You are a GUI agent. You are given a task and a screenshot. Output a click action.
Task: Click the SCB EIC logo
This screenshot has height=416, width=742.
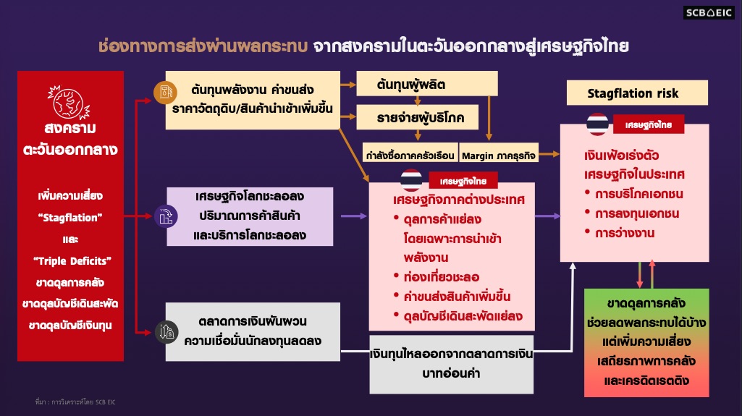point(708,12)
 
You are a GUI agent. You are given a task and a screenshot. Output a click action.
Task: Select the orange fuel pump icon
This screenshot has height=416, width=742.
point(165,92)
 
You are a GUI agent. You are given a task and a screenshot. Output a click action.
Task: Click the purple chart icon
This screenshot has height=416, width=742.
point(165,215)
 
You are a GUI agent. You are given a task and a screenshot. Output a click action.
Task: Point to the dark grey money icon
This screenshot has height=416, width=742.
point(165,331)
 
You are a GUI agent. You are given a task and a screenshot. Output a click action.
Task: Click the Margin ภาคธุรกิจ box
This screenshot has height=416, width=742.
point(498,154)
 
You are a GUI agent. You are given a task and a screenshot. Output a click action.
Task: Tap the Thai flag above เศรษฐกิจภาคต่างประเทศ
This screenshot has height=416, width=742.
point(411,179)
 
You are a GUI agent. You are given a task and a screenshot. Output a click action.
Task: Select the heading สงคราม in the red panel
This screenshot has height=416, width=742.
point(69,128)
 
